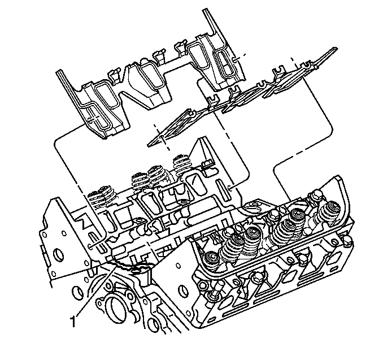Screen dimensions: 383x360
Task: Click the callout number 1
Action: pyautogui.click(x=73, y=322)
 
